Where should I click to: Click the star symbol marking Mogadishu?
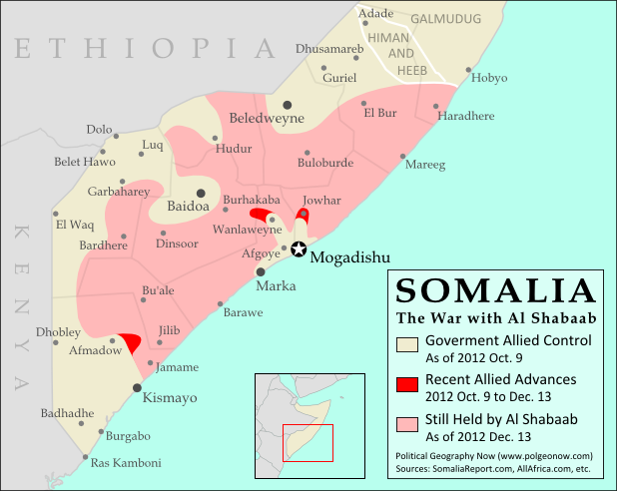tap(298, 249)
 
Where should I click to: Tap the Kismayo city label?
tap(171, 397)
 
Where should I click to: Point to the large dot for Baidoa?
tap(201, 193)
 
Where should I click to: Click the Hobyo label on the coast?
tap(489, 78)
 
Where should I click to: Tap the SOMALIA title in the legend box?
tap(496, 292)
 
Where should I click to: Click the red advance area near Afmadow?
tap(129, 342)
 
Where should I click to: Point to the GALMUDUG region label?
tap(446, 19)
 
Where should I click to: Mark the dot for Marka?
tap(261, 270)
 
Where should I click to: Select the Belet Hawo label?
tap(85, 162)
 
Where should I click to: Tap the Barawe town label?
tap(243, 312)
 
